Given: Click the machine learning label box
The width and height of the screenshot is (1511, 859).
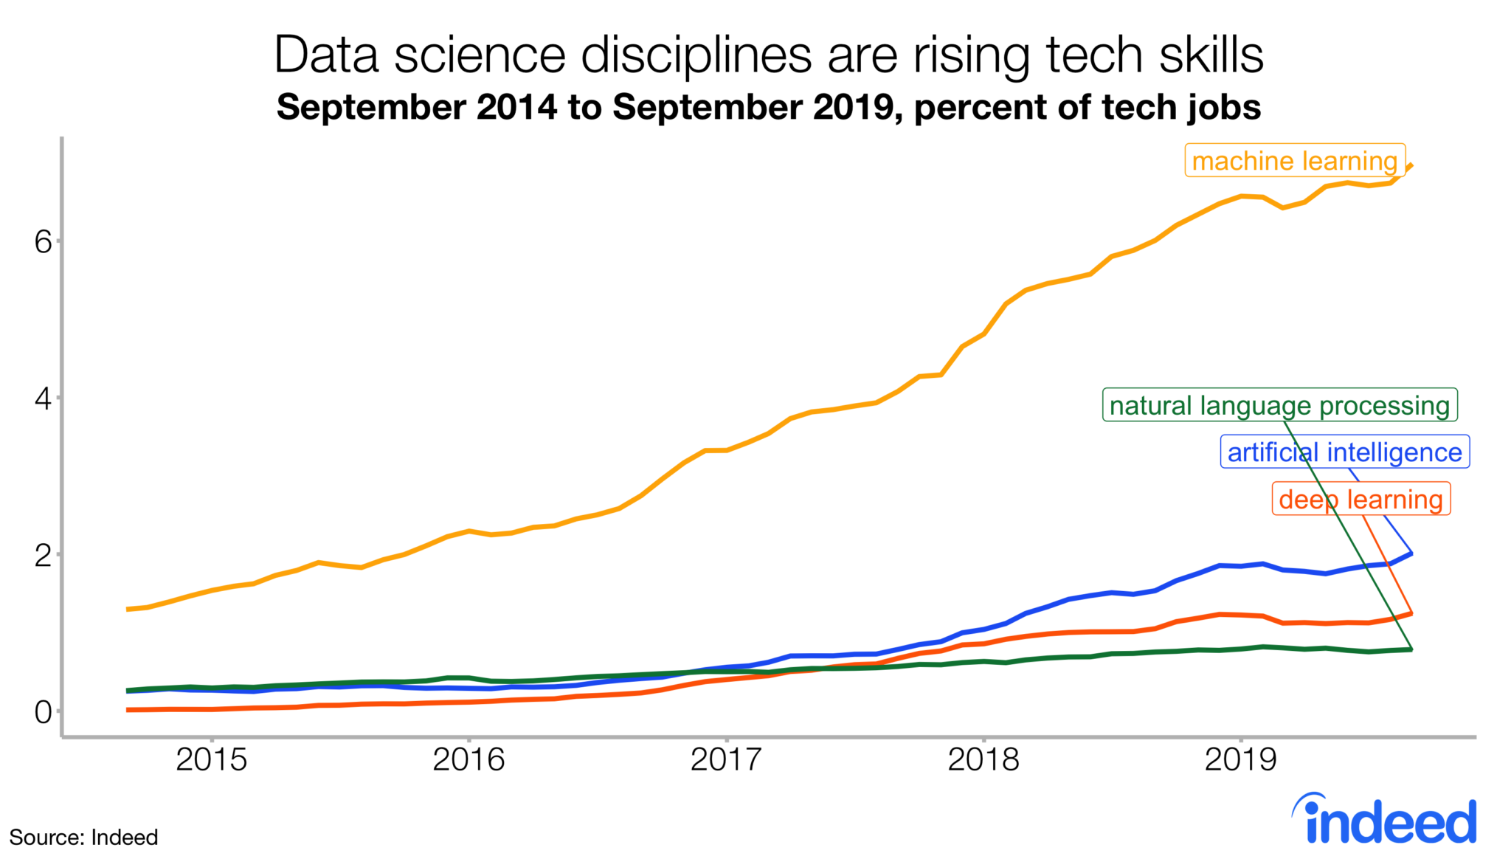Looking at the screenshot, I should point(1294,160).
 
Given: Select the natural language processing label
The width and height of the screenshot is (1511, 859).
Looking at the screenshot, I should point(1279,405).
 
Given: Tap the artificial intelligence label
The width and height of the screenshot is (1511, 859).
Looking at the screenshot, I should point(1344,452).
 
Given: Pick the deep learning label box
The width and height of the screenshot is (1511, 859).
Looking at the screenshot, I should point(1360,499).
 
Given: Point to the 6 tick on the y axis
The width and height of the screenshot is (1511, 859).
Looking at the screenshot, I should point(43,242).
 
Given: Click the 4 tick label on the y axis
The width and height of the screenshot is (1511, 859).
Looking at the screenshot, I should point(43,399).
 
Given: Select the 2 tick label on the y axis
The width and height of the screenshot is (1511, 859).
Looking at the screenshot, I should point(43,556).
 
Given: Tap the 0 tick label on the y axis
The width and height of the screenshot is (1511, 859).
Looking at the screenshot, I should point(43,712).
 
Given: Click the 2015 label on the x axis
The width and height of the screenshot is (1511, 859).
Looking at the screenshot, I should point(211,759).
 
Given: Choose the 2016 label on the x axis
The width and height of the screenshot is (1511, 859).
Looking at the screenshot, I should point(468,759).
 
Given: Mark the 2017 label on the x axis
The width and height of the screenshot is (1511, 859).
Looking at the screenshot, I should point(726,759).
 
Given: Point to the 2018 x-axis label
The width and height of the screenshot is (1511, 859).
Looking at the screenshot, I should point(983,759).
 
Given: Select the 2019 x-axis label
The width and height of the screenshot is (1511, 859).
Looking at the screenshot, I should point(1240,759).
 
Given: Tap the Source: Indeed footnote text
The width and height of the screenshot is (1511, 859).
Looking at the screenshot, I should point(83,838).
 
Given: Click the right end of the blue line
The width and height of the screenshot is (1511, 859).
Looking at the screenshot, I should point(1411,553).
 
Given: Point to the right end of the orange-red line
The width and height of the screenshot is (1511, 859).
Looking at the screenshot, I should point(1411,613).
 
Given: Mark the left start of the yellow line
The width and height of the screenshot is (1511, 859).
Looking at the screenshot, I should point(128,609).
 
